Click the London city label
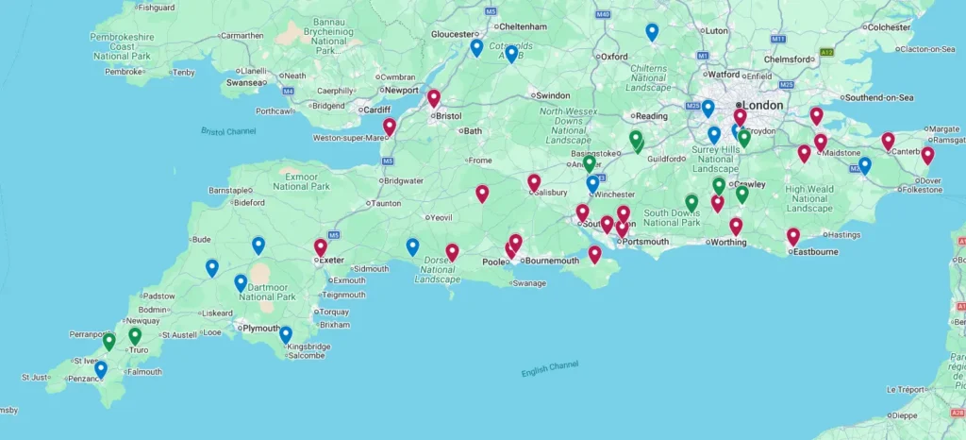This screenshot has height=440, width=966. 763,105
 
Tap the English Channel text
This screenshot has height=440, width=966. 550,368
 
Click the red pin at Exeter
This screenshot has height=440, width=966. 321,247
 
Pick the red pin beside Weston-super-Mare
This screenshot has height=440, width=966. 389,127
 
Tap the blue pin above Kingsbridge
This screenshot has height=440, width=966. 285,334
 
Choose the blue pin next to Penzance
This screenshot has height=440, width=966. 101,368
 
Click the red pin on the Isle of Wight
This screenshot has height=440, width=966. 594,253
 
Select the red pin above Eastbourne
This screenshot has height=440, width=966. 793,236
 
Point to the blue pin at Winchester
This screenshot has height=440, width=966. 592,183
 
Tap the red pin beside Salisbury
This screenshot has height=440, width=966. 534,182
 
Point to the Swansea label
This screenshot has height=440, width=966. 241,82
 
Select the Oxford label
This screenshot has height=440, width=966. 615,57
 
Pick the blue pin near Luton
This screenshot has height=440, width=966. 652,31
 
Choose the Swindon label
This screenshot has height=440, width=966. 554,95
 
